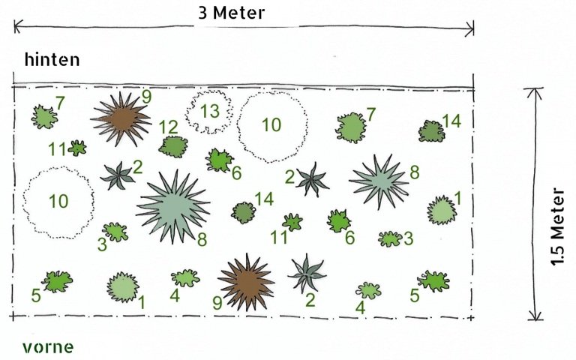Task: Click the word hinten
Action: pyautogui.click(x=52, y=59)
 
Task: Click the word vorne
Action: pyautogui.click(x=48, y=346)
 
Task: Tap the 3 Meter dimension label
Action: pyautogui.click(x=232, y=13)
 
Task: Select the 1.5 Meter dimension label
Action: pyautogui.click(x=557, y=226)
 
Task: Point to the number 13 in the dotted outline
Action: pyautogui.click(x=210, y=111)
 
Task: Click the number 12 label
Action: pyautogui.click(x=168, y=127)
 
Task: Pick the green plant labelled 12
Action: pyautogui.click(x=173, y=146)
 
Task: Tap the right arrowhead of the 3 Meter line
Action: pyautogui.click(x=470, y=28)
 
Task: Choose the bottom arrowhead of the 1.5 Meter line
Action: pyautogui.click(x=535, y=316)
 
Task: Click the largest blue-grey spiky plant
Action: pyautogui.click(x=172, y=206)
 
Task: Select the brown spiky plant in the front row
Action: pyautogui.click(x=246, y=282)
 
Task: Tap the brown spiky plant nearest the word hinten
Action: pyautogui.click(x=121, y=119)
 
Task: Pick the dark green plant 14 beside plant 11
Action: pyautogui.click(x=244, y=212)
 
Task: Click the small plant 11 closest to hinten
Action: pyautogui.click(x=77, y=148)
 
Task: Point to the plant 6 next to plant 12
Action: pyautogui.click(x=219, y=160)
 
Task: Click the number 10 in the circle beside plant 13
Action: pyautogui.click(x=271, y=125)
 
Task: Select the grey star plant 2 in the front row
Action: pyautogui.click(x=307, y=274)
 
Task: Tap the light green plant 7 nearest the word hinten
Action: pyautogui.click(x=44, y=117)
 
